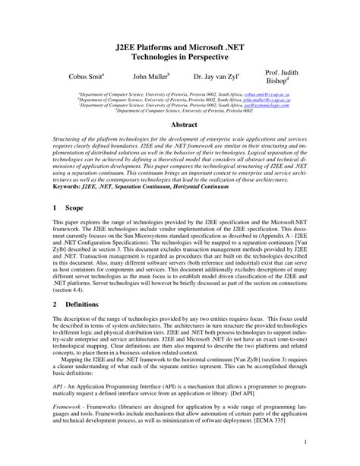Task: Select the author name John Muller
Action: click(151, 76)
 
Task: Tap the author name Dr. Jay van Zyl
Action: click(216, 76)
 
